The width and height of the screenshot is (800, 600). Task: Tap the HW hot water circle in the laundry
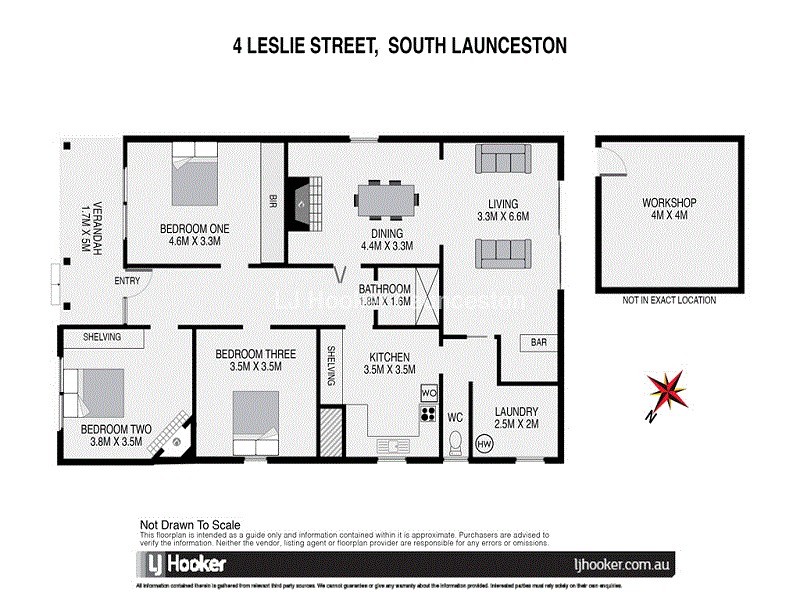click(x=485, y=444)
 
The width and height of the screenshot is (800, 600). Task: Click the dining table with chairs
click(x=384, y=198)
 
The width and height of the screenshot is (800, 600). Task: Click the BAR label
click(x=538, y=343)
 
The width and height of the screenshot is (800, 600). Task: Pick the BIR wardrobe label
click(x=270, y=198)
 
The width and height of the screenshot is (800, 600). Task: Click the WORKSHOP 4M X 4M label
click(x=669, y=210)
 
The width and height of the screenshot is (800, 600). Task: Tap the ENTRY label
click(x=127, y=281)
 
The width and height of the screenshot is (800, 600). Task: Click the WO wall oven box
click(x=429, y=392)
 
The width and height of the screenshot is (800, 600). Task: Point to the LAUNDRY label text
click(x=517, y=412)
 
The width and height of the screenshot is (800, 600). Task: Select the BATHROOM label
click(x=385, y=290)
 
